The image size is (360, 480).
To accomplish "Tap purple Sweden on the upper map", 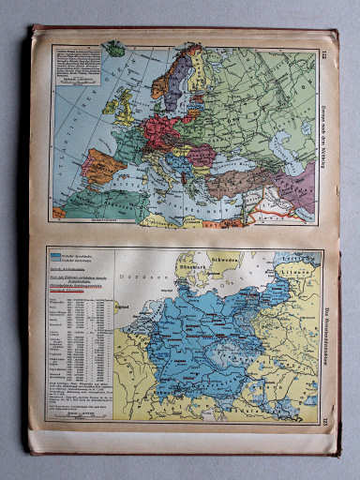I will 184,70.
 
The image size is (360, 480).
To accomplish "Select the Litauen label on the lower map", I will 302,268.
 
